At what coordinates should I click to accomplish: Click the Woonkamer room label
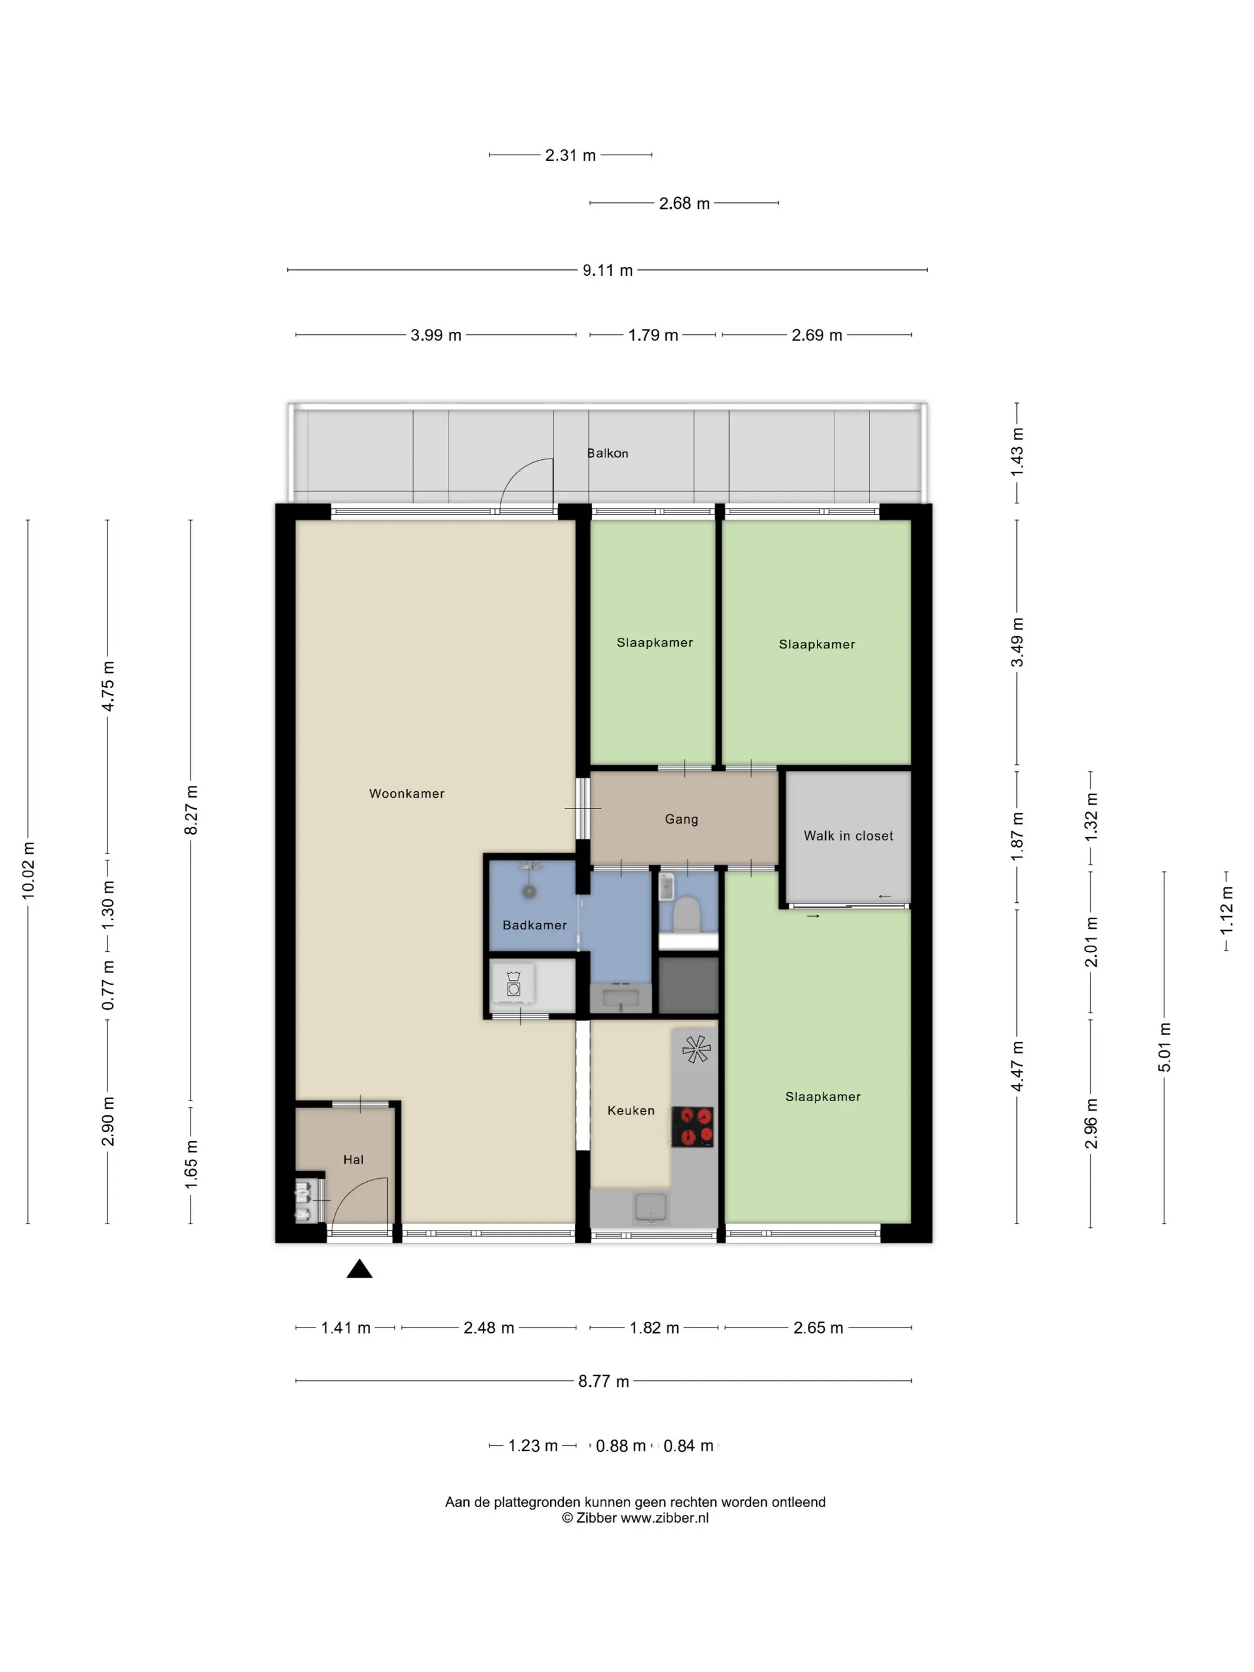coord(407,793)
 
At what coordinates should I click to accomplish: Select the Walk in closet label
coord(848,835)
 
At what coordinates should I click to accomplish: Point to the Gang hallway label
coord(681,819)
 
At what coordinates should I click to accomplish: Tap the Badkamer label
coord(534,924)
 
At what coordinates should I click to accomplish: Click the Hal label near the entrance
coord(353,1159)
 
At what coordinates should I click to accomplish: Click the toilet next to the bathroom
coord(686,912)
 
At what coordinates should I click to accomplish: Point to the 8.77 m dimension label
coord(603,1381)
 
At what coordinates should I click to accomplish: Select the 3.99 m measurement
coord(435,335)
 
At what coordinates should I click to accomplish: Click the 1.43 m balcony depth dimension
coord(1017,451)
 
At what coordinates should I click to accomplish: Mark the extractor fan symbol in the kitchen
coord(696,1049)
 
